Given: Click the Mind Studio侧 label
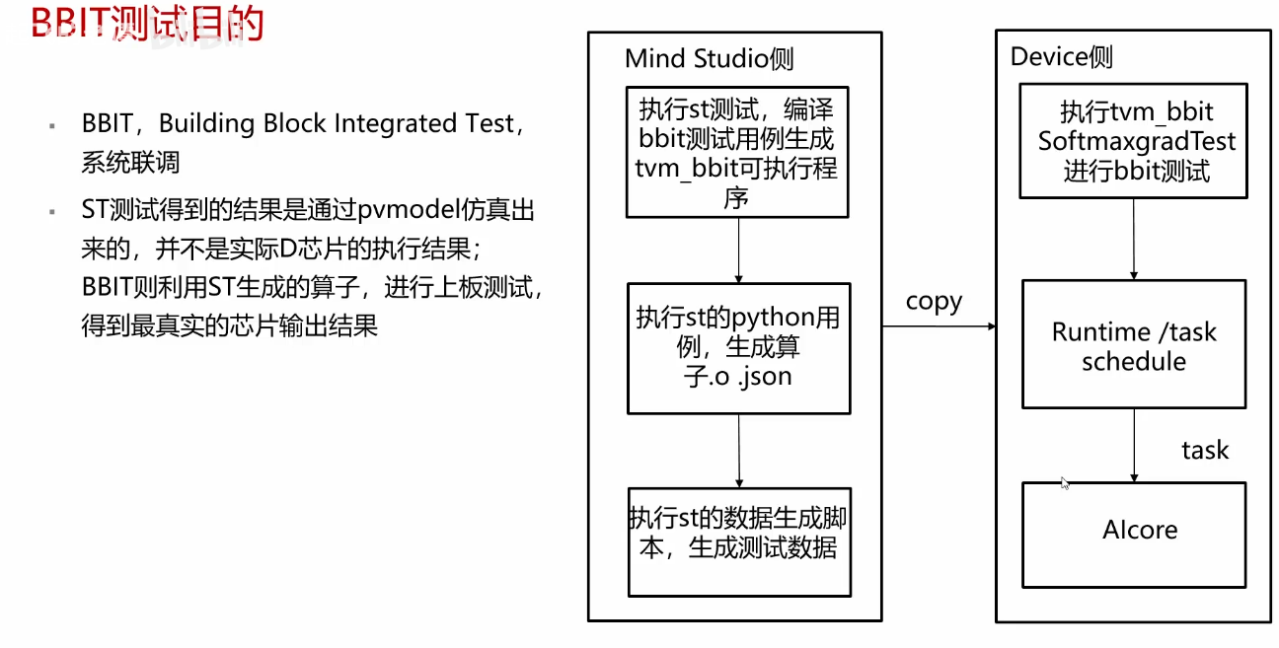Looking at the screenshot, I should [x=709, y=58].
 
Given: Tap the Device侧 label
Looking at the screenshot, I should [x=1061, y=57].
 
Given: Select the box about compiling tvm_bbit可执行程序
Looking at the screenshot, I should [x=737, y=152].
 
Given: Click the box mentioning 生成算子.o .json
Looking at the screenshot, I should [x=738, y=348].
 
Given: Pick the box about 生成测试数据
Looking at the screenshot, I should [x=739, y=540].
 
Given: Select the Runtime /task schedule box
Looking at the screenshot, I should [x=1133, y=344].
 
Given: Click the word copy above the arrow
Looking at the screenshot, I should [x=933, y=301].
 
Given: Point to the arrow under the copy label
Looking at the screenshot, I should [x=938, y=326].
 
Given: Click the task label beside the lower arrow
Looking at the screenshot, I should [x=1205, y=450].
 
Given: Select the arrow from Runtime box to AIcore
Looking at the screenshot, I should [x=1134, y=445].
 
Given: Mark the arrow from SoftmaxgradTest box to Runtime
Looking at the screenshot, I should [x=1134, y=239].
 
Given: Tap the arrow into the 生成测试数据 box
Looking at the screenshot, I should [x=739, y=450].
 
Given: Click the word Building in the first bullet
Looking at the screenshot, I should [x=206, y=124].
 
